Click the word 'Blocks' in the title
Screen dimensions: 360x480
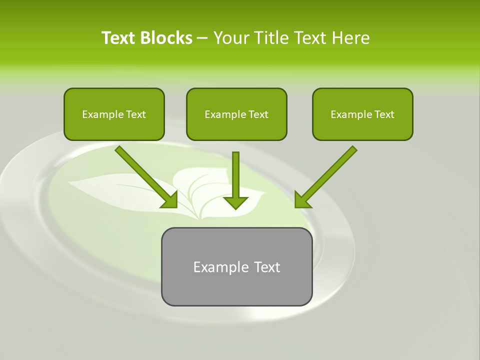(x=166, y=38)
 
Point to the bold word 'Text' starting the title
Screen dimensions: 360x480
(x=118, y=38)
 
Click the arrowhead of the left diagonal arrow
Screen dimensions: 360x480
(x=170, y=200)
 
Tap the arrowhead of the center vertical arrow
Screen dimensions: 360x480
(x=235, y=202)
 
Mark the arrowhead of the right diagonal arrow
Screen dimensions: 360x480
(x=302, y=200)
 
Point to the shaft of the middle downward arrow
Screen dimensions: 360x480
(x=235, y=172)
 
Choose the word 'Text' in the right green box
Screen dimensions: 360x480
(x=384, y=114)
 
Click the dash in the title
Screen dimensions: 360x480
(x=203, y=38)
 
